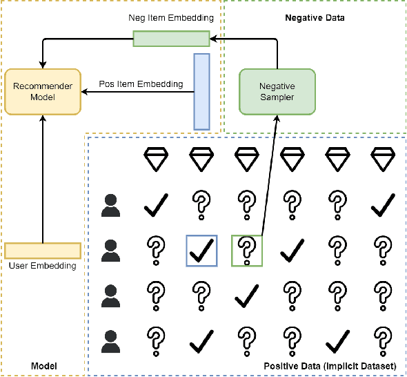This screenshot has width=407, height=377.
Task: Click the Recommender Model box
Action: click(43, 92)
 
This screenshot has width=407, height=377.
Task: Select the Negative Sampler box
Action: click(277, 92)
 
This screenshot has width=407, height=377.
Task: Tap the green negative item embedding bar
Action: click(171, 39)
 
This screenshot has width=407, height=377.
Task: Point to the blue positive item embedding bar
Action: click(201, 91)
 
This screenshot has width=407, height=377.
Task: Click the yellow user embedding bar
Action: click(43, 250)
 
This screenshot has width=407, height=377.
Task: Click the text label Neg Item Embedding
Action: click(171, 17)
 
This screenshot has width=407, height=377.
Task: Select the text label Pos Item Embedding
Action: click(141, 84)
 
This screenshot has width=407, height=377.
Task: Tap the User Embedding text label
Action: click(43, 266)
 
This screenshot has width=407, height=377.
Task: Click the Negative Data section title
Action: click(315, 17)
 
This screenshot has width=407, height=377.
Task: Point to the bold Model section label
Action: click(43, 365)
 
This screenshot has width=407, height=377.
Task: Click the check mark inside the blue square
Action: click(201, 251)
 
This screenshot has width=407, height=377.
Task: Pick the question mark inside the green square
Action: click(247, 251)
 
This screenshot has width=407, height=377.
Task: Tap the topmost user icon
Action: click(110, 204)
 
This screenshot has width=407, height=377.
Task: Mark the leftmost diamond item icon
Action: click(155, 159)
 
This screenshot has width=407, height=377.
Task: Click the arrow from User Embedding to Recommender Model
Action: click(43, 180)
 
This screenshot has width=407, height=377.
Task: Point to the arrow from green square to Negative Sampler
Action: click(269, 180)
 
